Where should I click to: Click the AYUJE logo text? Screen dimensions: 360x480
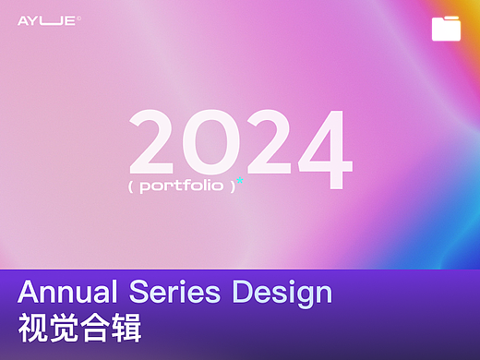[x=47, y=19]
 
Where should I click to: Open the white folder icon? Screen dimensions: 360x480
[x=447, y=29]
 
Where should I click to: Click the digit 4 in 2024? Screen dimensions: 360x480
[x=319, y=148]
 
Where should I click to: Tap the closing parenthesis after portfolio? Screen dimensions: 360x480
[x=234, y=185]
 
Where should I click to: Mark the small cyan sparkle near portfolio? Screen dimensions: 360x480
[x=240, y=179]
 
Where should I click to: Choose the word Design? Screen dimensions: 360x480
[x=282, y=294]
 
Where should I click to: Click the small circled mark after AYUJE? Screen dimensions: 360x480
[x=79, y=17]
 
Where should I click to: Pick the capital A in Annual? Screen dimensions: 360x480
[x=29, y=294]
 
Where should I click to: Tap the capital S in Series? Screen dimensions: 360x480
[x=147, y=294]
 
